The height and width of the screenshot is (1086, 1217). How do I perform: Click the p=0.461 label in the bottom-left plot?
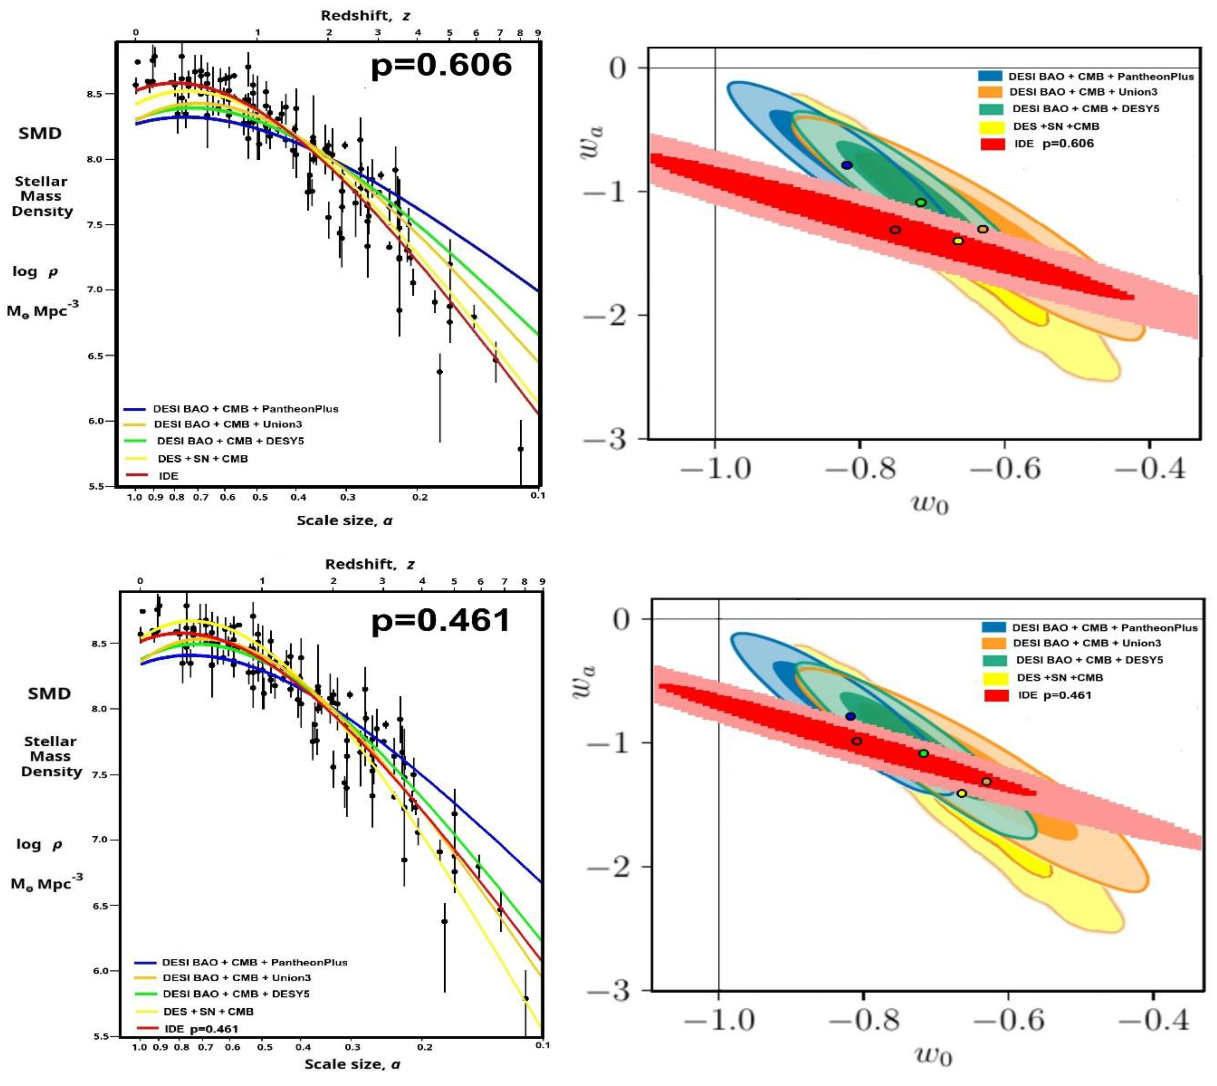441,621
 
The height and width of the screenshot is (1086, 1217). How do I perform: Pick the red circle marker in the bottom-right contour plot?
856,741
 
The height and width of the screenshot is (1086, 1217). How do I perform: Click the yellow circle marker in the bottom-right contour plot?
962,794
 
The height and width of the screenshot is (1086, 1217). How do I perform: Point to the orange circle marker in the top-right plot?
983,229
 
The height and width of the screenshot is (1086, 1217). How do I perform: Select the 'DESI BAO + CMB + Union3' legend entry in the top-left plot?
227,424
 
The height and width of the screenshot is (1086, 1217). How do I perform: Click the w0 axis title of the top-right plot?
929,504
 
